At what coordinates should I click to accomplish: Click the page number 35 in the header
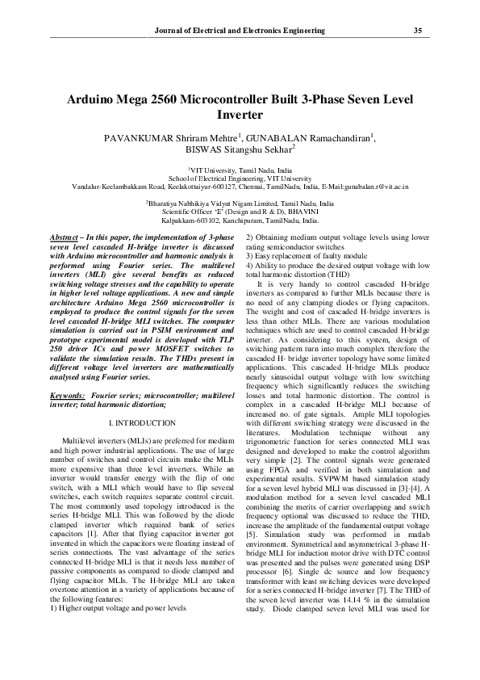coord(418,31)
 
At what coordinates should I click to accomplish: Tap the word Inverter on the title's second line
coord(240,115)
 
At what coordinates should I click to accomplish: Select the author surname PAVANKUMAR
coord(136,139)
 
